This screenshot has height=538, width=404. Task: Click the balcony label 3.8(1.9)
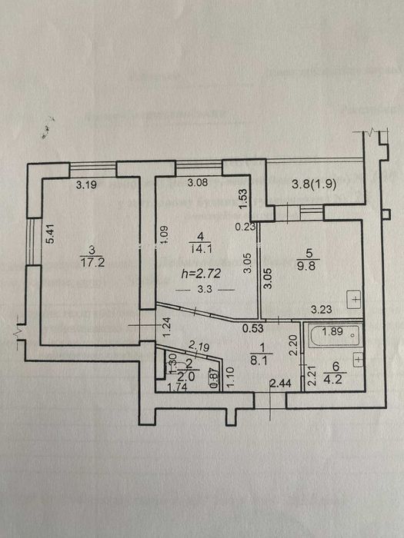coord(316,184)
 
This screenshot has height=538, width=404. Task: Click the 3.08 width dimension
coord(199,183)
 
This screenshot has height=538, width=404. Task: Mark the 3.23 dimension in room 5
coord(321,310)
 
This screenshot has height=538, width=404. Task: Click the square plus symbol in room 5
coord(353,297)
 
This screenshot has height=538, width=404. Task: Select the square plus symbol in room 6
coord(359,358)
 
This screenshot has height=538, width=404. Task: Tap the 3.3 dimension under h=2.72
coord(205,290)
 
